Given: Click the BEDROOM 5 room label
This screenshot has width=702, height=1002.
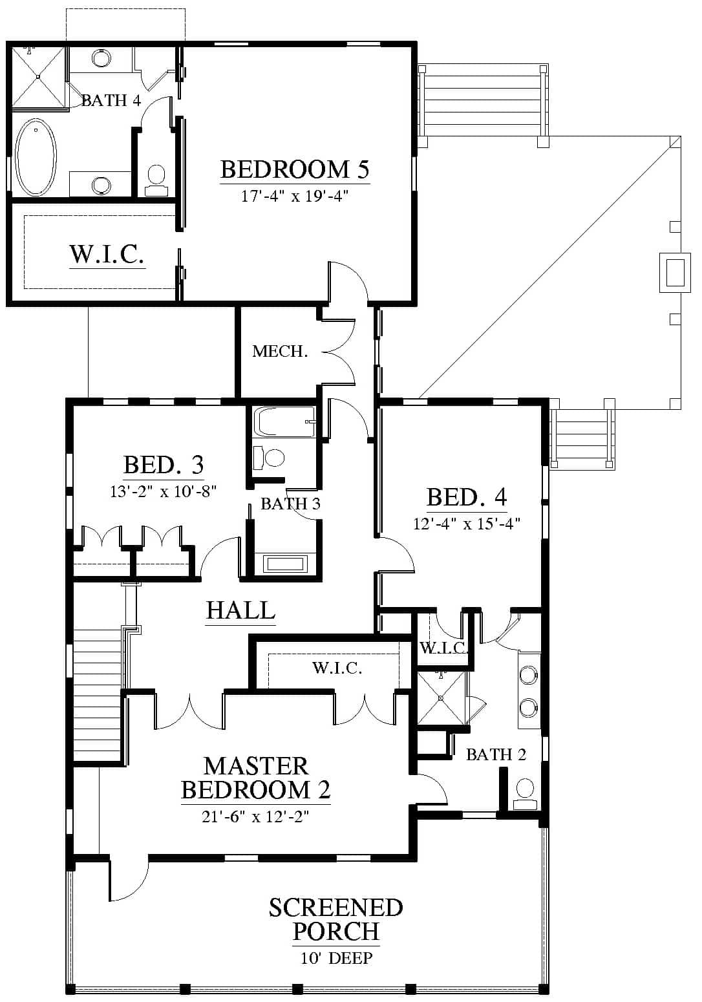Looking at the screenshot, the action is click(295, 169).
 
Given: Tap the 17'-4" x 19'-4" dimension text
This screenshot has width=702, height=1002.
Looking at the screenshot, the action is click(295, 196).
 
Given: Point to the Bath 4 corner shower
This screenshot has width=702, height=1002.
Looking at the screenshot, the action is click(38, 76).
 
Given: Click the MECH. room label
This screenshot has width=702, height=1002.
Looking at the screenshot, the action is click(280, 351).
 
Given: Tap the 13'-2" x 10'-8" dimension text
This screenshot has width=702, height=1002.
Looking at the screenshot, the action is click(164, 491).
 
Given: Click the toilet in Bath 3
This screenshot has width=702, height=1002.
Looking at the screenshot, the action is click(268, 457).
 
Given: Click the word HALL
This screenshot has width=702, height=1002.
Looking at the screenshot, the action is click(240, 610).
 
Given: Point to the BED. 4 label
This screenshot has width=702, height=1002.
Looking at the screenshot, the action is click(467, 496).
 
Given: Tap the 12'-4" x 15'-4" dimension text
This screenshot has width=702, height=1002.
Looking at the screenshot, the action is click(467, 524).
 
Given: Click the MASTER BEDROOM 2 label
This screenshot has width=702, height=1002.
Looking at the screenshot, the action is click(256, 778).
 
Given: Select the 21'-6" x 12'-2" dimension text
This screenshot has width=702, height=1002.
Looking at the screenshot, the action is click(255, 817).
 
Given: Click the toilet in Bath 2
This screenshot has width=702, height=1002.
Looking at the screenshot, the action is click(525, 794).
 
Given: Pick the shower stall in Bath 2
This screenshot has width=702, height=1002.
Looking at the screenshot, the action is click(441, 698).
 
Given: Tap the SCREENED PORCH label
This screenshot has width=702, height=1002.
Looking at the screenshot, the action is click(336, 919).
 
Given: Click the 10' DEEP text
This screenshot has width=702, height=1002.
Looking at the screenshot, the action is click(337, 958).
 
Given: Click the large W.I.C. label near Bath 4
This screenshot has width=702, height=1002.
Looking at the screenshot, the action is click(107, 254).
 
